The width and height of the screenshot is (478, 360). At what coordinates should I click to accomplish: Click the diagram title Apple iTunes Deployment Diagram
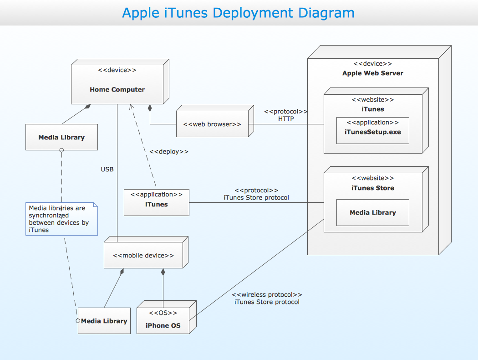pyautogui.click(x=238, y=13)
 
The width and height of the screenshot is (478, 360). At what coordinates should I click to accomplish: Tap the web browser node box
pyautogui.click(x=212, y=124)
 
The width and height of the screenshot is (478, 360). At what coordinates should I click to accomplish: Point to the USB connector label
pyautogui.click(x=107, y=170)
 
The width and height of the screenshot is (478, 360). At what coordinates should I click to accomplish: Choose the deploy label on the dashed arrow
pyautogui.click(x=168, y=152)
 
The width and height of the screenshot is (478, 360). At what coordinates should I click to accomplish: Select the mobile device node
pyautogui.click(x=143, y=255)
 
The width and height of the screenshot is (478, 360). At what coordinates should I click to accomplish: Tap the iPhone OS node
pyautogui.click(x=163, y=321)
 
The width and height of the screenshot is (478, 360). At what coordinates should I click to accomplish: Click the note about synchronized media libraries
pyautogui.click(x=61, y=219)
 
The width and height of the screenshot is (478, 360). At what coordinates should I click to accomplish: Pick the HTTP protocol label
pyautogui.click(x=286, y=119)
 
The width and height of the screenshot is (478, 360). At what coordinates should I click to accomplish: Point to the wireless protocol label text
pyautogui.click(x=267, y=298)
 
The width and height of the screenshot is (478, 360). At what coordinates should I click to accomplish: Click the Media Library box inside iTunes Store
pyautogui.click(x=372, y=212)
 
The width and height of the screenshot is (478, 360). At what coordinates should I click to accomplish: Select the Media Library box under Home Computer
pyautogui.click(x=61, y=137)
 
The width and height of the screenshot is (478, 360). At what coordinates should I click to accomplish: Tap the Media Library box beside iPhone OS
pyautogui.click(x=104, y=321)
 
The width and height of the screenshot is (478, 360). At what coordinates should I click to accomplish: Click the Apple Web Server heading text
pyautogui.click(x=372, y=73)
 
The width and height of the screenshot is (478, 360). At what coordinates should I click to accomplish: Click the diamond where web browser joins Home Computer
pyautogui.click(x=149, y=108)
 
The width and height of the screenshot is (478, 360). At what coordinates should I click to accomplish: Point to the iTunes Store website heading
pyautogui.click(x=372, y=188)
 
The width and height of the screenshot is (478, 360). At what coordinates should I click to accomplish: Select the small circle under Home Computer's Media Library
pyautogui.click(x=61, y=154)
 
